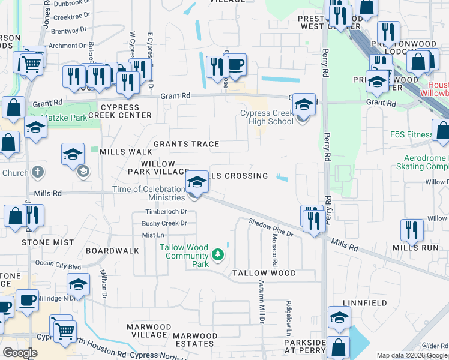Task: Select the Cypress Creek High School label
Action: tap(267, 117)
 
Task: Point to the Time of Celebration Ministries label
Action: tap(149, 194)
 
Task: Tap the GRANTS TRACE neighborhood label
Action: tap(186, 144)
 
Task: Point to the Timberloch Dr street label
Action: tap(167, 212)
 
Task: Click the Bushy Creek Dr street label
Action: tap(164, 223)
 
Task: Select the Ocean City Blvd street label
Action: tap(58, 263)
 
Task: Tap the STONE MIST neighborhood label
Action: tap(48, 242)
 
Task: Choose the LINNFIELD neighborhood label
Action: tap(365, 303)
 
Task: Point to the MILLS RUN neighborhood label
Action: tap(416, 247)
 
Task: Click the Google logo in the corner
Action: tap(20, 353)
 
